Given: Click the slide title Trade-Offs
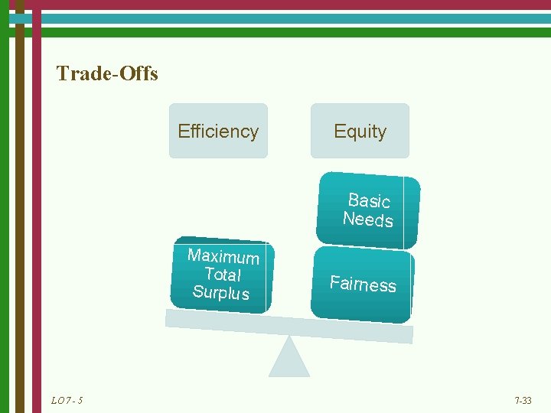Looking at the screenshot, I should (107, 74).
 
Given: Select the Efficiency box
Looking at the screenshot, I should (218, 131).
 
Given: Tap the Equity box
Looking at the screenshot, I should (360, 131).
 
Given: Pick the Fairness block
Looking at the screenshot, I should (362, 285).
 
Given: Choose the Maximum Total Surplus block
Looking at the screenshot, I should (222, 275).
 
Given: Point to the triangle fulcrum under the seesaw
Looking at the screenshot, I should (289, 360).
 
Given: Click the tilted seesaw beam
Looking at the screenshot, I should (289, 325).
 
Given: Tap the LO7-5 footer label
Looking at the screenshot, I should (67, 400).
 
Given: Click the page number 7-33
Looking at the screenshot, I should (523, 400).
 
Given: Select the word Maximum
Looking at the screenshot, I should (223, 256).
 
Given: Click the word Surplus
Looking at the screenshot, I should (220, 292).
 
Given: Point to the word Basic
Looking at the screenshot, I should (369, 200).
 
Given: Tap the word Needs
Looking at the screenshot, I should (367, 220).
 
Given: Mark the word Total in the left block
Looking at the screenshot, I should (223, 274).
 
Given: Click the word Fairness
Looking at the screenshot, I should (363, 284).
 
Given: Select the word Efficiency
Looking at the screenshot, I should (218, 131).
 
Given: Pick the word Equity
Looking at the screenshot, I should (360, 131).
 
